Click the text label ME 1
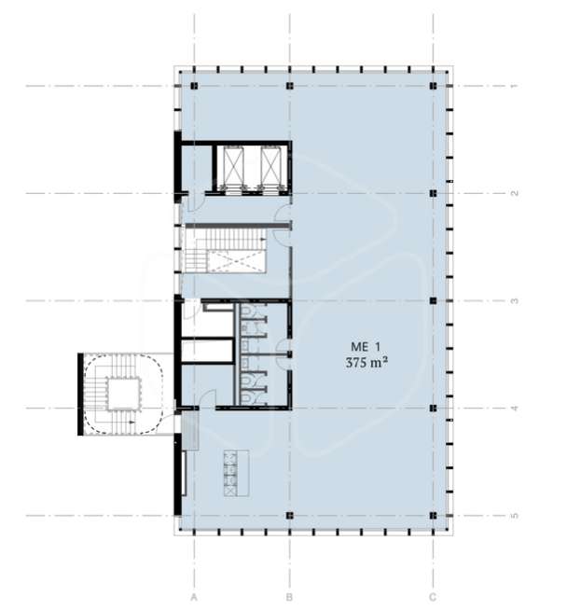point(366,346)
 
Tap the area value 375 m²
point(366,363)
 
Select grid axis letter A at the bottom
point(194,597)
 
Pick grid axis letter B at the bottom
point(289,597)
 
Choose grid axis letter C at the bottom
point(433,597)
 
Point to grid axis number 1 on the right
point(514,86)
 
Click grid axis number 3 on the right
point(514,300)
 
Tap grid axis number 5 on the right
point(514,516)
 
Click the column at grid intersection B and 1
point(289,86)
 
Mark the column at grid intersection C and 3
point(433,300)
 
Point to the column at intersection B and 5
point(289,516)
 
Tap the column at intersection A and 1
point(194,86)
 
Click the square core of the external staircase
point(124,394)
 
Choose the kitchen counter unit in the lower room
point(236,473)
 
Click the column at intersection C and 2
point(433,193)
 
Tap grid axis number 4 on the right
point(514,409)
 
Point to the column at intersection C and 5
point(433,516)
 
